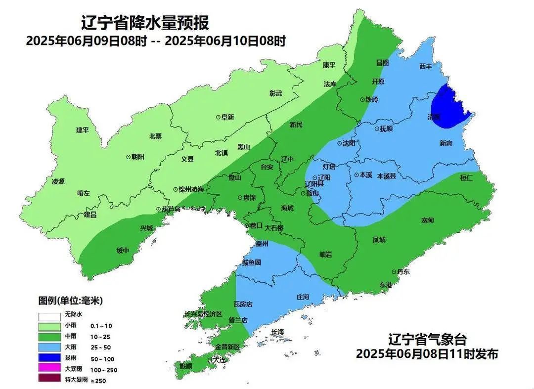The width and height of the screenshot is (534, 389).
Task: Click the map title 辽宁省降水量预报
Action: point(145,23)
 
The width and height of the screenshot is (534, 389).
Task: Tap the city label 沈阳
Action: point(349,143)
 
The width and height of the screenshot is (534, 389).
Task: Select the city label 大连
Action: point(220,360)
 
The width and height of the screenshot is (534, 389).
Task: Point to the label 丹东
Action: point(403,271)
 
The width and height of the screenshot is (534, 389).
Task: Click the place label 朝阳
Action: point(138,156)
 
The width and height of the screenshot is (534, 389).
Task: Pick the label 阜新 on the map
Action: point(227,117)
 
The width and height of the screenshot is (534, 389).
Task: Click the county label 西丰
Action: point(425,66)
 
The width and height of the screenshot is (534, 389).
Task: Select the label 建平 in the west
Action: point(82,130)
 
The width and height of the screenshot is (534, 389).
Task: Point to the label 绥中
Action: point(123,251)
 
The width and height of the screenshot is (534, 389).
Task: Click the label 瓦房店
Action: point(243,304)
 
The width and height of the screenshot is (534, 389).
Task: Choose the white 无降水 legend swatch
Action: point(48,315)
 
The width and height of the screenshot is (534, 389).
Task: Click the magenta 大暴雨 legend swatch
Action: point(48,369)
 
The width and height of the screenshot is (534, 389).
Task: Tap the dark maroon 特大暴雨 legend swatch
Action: point(48,380)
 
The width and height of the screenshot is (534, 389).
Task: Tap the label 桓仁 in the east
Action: point(466,178)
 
